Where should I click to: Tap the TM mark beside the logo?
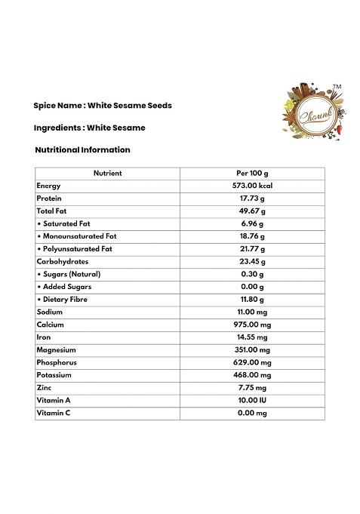(x=337, y=88)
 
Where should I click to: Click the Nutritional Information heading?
(x=82, y=149)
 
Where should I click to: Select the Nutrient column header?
(x=107, y=173)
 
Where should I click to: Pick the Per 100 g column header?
(x=252, y=173)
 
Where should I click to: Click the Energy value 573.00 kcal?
(x=252, y=186)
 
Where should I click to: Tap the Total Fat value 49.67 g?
(x=252, y=211)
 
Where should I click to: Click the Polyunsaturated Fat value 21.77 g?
(x=252, y=249)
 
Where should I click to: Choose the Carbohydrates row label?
(x=62, y=261)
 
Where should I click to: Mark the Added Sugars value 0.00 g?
(x=252, y=287)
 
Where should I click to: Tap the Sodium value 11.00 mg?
(x=252, y=312)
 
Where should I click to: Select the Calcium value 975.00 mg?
(x=252, y=325)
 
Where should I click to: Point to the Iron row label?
(x=44, y=337)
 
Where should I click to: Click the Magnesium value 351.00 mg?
(x=252, y=349)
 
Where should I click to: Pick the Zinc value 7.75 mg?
(x=252, y=388)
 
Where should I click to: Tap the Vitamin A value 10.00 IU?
(x=252, y=400)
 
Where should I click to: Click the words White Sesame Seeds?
(x=130, y=106)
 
